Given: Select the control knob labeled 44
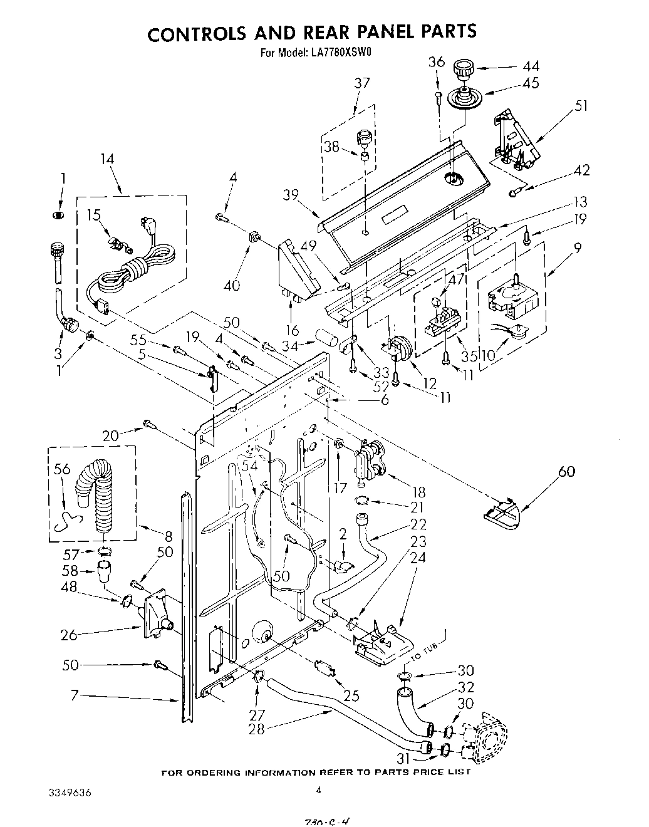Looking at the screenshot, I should (464, 68).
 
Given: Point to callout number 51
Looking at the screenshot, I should (581, 105).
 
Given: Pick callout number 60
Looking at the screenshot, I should (566, 471).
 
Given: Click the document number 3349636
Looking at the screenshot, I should (70, 793).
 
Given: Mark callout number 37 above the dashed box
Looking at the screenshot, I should (361, 83).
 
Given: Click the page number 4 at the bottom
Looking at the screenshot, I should (319, 791).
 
